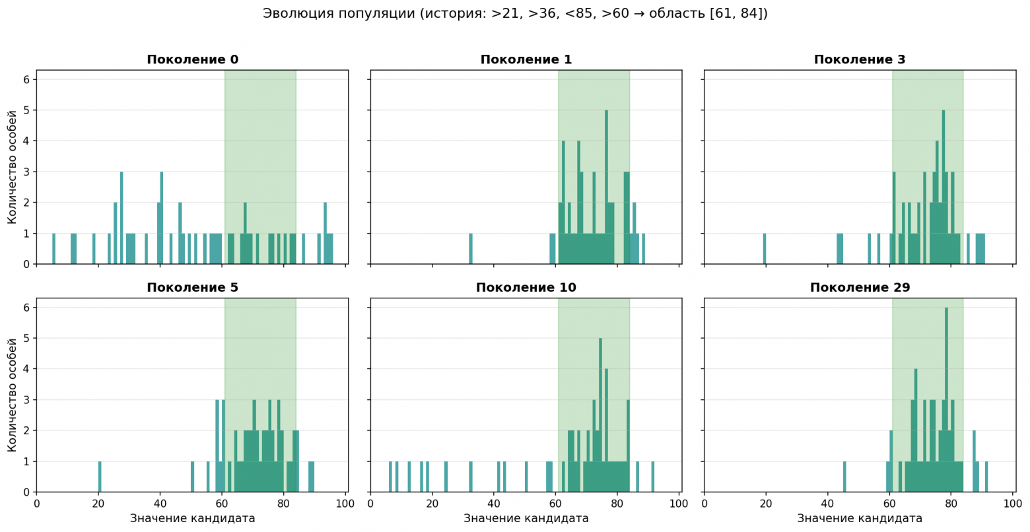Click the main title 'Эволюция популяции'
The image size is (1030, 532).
(514, 13)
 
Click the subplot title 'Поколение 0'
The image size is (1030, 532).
(192, 59)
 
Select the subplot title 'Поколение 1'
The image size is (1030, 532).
(526, 59)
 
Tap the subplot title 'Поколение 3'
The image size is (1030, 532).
(859, 59)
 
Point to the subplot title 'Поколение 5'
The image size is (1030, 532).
(192, 288)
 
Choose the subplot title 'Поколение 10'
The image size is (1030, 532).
(526, 288)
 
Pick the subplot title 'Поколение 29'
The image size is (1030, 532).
(859, 288)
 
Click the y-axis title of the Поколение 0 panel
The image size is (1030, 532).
(12, 167)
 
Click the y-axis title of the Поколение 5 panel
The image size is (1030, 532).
(12, 395)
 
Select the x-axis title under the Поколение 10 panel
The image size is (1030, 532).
(526, 519)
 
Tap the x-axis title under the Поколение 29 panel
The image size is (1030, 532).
(859, 519)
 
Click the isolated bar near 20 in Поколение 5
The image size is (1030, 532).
(100, 477)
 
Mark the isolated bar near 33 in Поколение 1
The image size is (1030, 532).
(471, 249)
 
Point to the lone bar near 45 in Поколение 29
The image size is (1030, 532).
(844, 477)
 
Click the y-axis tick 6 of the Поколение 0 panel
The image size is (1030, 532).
(26, 79)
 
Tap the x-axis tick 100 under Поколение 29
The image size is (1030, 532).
(1013, 504)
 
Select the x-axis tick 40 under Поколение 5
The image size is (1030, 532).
(160, 504)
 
